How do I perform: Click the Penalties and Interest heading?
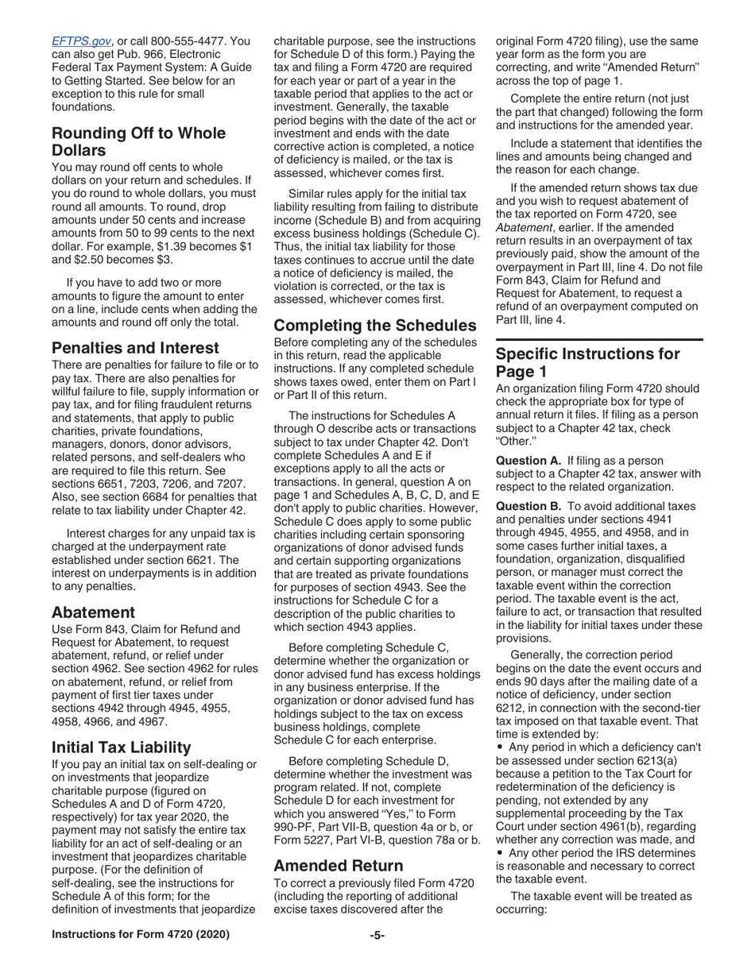[x=135, y=348]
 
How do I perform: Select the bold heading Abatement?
[x=93, y=612]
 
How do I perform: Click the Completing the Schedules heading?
[x=374, y=326]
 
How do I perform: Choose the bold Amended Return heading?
[x=338, y=866]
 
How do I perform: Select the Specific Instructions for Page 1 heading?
[x=587, y=363]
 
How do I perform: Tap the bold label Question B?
[x=529, y=506]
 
